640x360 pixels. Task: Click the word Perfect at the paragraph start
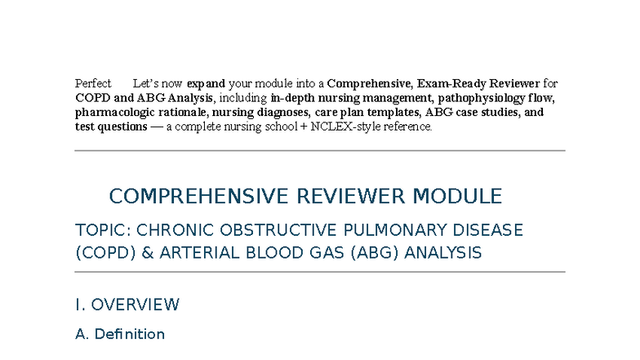coord(93,83)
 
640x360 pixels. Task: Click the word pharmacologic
coord(112,113)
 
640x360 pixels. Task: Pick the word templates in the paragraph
coord(395,113)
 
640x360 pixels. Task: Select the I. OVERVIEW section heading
coord(127,305)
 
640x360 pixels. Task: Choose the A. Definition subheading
coord(120,334)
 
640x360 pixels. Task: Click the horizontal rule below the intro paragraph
coord(320,151)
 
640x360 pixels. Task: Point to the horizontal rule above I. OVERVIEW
coord(320,272)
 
